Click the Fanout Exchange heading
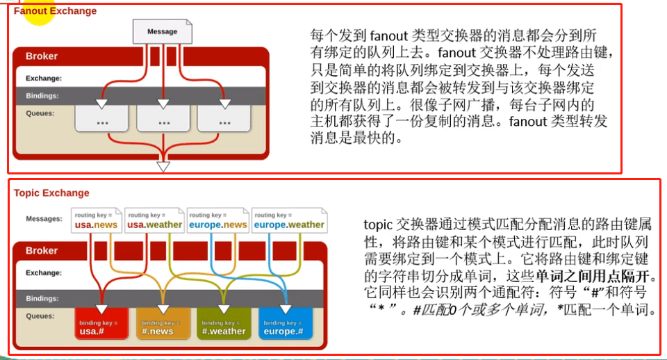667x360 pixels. [x=56, y=11]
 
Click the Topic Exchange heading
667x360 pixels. [x=51, y=193]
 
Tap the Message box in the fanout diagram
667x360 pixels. [x=162, y=31]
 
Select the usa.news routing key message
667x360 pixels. [x=97, y=221]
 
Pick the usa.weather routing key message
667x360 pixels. [x=154, y=221]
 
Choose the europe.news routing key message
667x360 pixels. [x=217, y=221]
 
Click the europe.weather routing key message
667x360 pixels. [x=289, y=221]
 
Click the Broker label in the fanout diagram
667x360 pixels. [x=42, y=56]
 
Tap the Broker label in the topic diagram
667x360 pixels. [x=42, y=251]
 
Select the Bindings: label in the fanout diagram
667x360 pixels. [x=42, y=96]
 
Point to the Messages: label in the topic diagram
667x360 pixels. [x=44, y=219]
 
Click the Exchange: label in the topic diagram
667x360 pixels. [x=44, y=273]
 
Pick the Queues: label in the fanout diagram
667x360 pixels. [x=40, y=113]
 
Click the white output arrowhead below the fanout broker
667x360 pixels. [x=163, y=167]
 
